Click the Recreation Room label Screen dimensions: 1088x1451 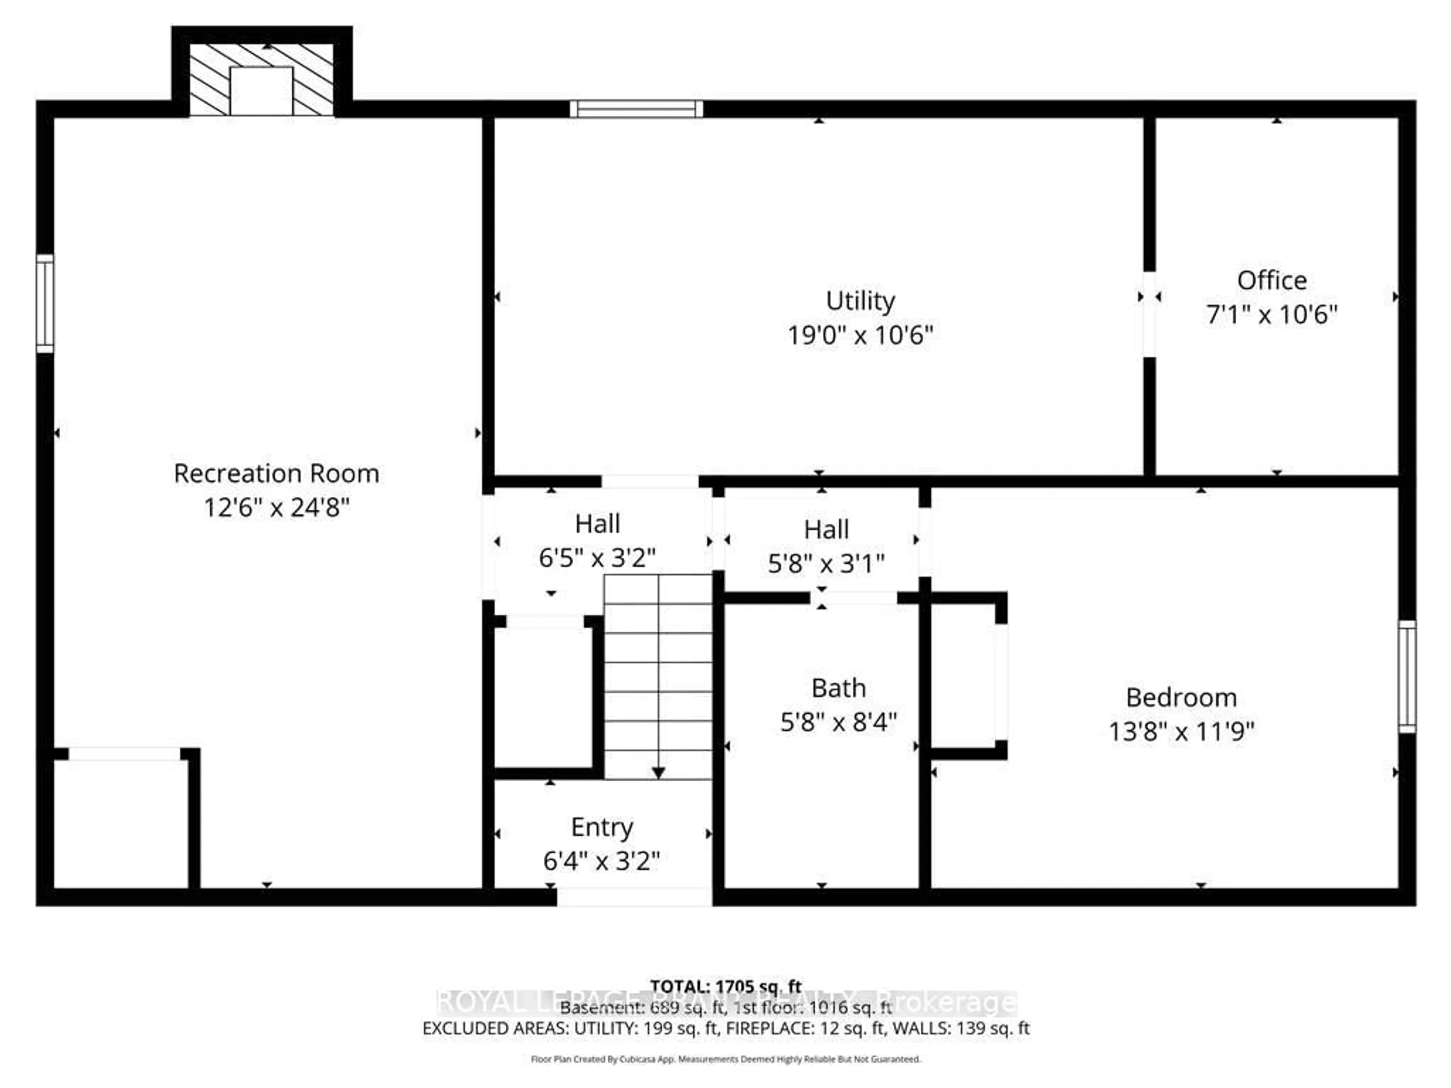click(x=276, y=473)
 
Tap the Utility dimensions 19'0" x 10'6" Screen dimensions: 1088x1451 click(x=860, y=335)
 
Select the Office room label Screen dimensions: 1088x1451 click(x=1271, y=281)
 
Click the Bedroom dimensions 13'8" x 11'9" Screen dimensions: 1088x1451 click(x=1181, y=731)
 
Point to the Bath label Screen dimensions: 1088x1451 click(x=838, y=688)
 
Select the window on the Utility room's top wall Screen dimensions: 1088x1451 click(x=636, y=109)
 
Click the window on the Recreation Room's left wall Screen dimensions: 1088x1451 click(x=45, y=303)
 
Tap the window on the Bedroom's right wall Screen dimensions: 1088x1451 click(x=1406, y=677)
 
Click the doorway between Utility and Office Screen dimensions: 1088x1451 click(x=1149, y=315)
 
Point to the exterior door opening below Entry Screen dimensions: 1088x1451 click(x=634, y=897)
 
